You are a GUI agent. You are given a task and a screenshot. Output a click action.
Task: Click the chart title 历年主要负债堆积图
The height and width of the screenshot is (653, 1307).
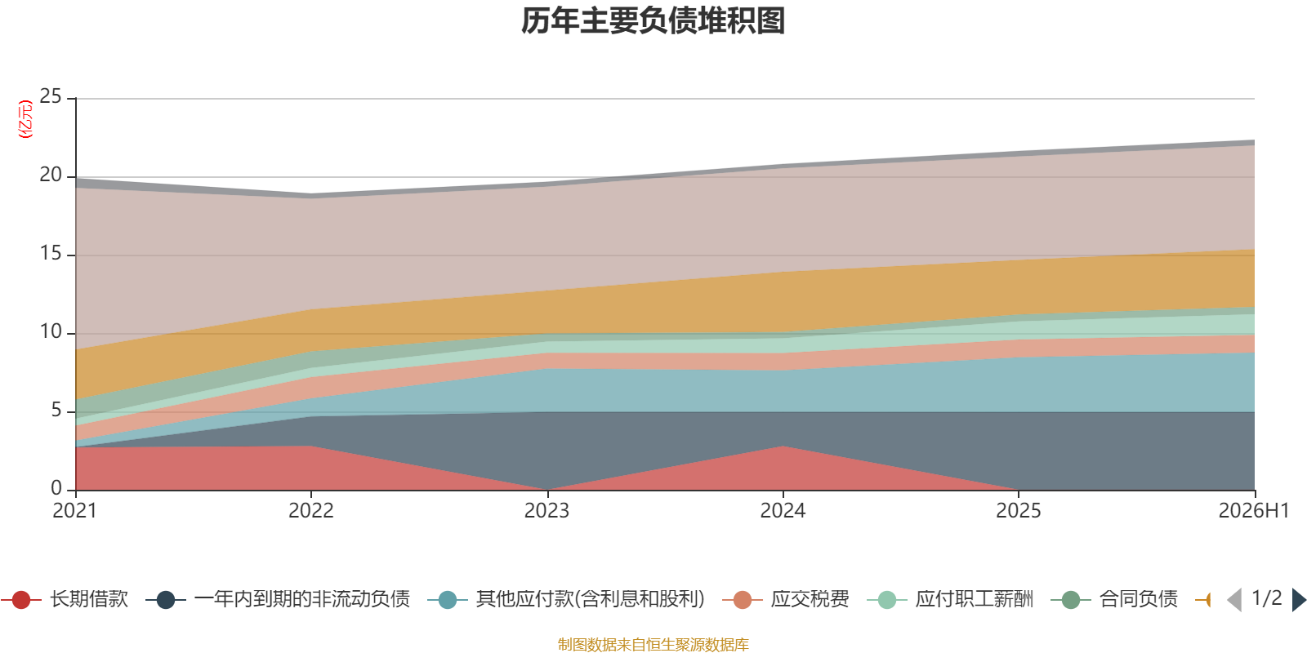point(653,21)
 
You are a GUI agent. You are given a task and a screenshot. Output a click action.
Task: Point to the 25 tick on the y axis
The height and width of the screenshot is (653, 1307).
point(51,97)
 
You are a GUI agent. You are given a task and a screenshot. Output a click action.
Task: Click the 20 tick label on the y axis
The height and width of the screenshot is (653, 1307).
point(51,175)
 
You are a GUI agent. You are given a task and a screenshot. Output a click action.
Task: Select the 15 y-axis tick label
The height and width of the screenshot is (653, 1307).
point(51,254)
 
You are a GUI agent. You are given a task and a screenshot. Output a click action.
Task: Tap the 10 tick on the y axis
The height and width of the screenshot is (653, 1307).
point(51,331)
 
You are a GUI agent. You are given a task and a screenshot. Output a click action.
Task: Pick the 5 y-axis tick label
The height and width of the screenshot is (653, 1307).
point(56,411)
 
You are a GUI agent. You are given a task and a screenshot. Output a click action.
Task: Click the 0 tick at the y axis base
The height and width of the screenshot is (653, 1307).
point(56,488)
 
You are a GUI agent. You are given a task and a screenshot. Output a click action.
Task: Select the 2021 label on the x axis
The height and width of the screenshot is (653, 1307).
point(74,511)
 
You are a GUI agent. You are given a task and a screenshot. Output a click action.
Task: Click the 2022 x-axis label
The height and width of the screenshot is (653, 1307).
point(311,511)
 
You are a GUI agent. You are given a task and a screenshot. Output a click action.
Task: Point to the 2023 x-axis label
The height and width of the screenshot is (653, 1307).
point(546,511)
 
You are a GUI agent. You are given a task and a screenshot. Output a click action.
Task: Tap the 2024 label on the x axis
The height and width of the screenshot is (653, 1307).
point(783,511)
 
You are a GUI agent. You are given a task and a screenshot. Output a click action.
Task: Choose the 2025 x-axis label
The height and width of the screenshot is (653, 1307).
point(1018,511)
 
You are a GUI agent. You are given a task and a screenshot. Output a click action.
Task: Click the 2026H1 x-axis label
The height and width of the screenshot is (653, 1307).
point(1253,511)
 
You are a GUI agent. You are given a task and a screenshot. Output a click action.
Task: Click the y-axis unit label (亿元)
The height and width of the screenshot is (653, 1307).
point(25,119)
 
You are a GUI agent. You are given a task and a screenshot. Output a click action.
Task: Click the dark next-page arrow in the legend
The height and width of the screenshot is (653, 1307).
point(1299,599)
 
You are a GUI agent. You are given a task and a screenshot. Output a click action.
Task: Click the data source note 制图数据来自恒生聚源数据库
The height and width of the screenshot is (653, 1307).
point(653,644)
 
